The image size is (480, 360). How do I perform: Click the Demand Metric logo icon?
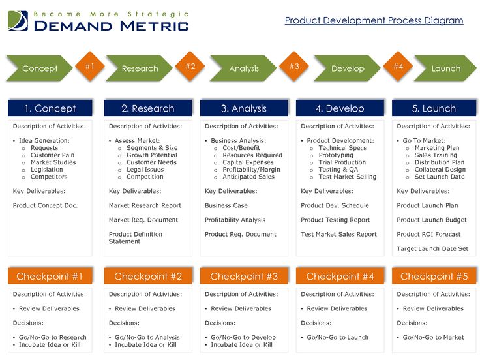coord(18,21)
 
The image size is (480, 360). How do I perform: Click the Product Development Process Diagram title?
coord(374,20)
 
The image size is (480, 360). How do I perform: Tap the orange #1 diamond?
coord(90,67)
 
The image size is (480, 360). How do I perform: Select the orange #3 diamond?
coord(294,67)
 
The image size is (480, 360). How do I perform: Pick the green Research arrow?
coord(140,68)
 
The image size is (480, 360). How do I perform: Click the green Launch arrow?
coord(445,68)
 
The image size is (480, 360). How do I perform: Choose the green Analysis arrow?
coord(243,68)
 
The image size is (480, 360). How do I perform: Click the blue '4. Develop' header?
coord(340,108)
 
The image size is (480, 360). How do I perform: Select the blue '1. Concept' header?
coord(50,108)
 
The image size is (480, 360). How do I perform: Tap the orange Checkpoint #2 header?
coord(148,276)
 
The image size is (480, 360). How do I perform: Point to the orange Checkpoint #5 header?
coord(434,276)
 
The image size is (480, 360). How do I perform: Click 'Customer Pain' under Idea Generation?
coord(52,155)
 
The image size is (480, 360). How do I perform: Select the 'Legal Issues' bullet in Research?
coord(145,170)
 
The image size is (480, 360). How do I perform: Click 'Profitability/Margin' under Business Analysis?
coord(251,170)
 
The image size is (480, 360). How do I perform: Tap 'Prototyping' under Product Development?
coord(336,155)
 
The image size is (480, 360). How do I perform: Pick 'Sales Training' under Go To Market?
coord(436,155)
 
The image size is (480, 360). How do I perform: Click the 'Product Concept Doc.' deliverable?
coord(45,205)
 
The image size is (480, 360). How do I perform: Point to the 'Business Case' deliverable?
coord(226,205)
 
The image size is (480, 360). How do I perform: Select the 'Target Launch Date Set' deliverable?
coord(432,248)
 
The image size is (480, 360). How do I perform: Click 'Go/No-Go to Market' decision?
coord(434,337)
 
